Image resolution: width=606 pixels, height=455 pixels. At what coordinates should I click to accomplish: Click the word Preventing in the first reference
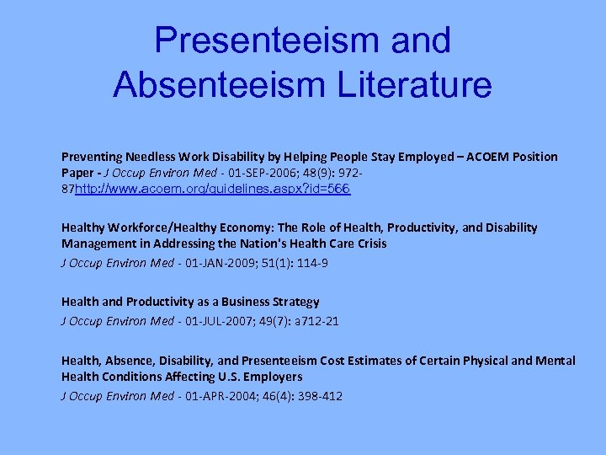tap(92, 157)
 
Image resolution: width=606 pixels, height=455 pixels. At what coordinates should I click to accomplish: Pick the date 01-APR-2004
tap(216, 396)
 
